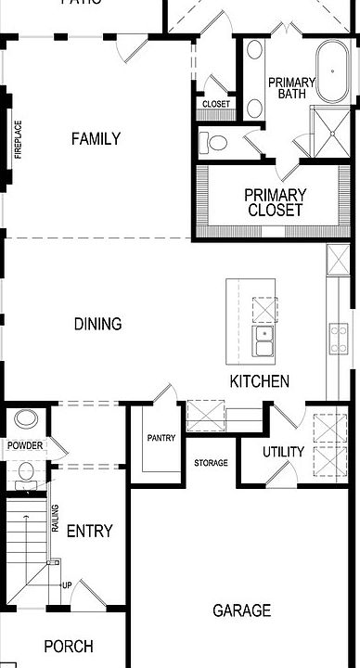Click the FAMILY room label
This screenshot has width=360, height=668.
pyautogui.click(x=96, y=139)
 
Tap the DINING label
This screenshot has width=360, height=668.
pyautogui.click(x=97, y=324)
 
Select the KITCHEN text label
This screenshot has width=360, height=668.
pyautogui.click(x=260, y=381)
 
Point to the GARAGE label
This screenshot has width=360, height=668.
pyautogui.click(x=241, y=610)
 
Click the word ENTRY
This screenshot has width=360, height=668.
pyautogui.click(x=90, y=531)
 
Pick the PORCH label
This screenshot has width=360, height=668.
pyautogui.click(x=69, y=647)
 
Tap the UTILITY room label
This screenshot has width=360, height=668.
pyautogui.click(x=283, y=452)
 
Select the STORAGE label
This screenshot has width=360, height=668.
pyautogui.click(x=211, y=462)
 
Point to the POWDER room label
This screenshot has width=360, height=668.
pyautogui.click(x=25, y=445)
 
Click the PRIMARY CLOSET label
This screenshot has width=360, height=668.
pyautogui.click(x=275, y=202)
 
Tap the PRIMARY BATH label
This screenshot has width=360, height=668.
pyautogui.click(x=291, y=88)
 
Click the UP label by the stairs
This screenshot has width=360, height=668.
pyautogui.click(x=67, y=584)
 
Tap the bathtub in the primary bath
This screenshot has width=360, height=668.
pyautogui.click(x=330, y=71)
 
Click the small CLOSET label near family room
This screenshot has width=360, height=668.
pyautogui.click(x=215, y=104)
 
